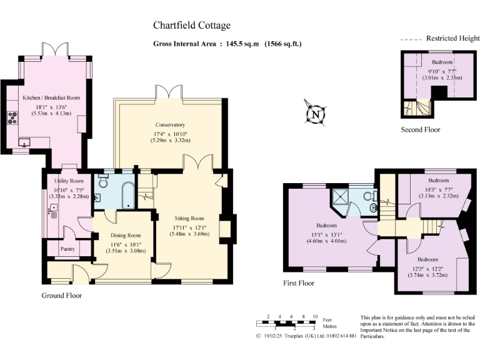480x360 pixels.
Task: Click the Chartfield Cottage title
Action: click(x=192, y=26)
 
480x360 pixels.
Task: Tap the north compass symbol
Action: click(x=316, y=114)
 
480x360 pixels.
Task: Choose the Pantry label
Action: click(x=67, y=248)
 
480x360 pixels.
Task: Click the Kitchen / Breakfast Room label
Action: click(x=51, y=98)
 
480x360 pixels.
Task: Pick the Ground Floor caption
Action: click(x=61, y=295)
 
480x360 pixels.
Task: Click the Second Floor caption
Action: click(x=420, y=129)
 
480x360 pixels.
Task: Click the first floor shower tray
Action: click(x=341, y=197)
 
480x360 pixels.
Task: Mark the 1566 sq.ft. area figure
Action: click(x=283, y=44)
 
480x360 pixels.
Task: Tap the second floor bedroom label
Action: click(x=441, y=62)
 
